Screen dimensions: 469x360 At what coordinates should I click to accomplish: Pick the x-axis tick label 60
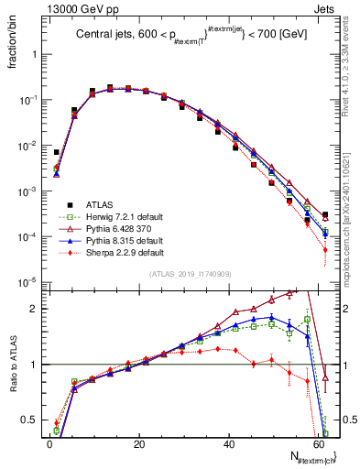point(316,443)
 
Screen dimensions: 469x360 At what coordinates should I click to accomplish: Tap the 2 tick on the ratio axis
point(37,309)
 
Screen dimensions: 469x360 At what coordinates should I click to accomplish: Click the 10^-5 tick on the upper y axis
point(30,282)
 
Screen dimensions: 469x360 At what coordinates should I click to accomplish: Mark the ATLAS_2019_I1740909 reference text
point(189,274)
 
